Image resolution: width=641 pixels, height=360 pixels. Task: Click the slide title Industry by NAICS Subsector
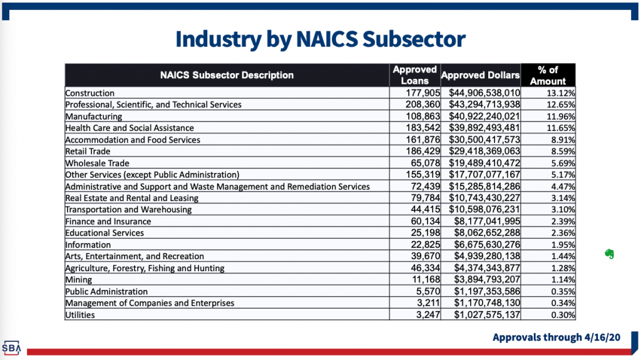click(x=320, y=39)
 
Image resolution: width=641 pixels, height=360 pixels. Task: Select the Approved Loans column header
click(x=414, y=75)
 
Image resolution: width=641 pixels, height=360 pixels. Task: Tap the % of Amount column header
click(x=548, y=75)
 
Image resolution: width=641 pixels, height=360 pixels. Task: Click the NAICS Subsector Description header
click(x=227, y=75)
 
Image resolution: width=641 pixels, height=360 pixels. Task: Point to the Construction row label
click(x=90, y=93)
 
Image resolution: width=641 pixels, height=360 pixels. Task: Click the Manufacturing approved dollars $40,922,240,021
click(x=484, y=116)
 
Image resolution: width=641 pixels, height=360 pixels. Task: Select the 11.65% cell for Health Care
click(x=561, y=128)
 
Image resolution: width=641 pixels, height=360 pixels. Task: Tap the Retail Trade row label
click(x=88, y=152)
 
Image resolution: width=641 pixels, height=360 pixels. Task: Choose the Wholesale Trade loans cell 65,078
click(x=426, y=163)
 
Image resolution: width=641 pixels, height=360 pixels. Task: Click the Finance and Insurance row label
click(x=105, y=221)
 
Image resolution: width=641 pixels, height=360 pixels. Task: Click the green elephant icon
click(x=608, y=254)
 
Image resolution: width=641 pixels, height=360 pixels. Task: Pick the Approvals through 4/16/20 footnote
click(x=556, y=337)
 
